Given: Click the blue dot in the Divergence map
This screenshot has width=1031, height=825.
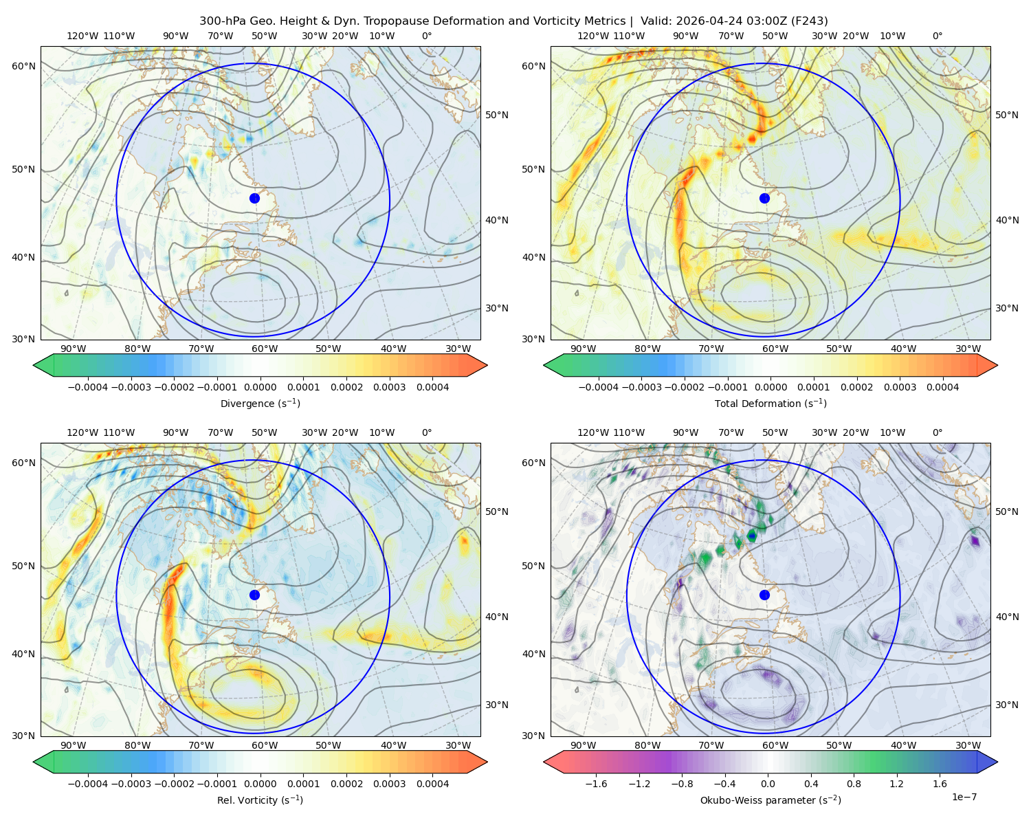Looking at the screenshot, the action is pyautogui.click(x=254, y=198).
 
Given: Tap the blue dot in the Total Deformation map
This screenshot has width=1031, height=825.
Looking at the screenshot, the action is pyautogui.click(x=764, y=198).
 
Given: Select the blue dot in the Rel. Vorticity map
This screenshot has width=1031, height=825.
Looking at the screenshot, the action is pyautogui.click(x=254, y=595).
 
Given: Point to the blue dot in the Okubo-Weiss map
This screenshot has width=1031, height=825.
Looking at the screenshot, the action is pyautogui.click(x=764, y=595).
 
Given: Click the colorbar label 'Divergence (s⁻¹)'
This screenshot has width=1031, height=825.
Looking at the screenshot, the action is pyautogui.click(x=260, y=403).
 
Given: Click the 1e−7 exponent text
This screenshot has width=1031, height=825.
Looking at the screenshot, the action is pyautogui.click(x=964, y=797).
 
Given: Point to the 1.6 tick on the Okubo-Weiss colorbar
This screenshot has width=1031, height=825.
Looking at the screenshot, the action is pyautogui.click(x=940, y=783).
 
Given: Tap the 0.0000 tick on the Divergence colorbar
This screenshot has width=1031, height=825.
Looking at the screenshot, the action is pyautogui.click(x=260, y=387).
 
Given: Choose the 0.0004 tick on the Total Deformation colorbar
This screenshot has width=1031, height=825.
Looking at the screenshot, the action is pyautogui.click(x=942, y=387).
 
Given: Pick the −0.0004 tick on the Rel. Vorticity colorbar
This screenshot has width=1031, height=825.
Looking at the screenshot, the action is pyautogui.click(x=88, y=783).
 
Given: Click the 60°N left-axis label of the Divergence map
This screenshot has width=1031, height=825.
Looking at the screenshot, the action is pyautogui.click(x=23, y=66).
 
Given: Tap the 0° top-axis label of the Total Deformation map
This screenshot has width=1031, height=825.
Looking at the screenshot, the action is pyautogui.click(x=937, y=36).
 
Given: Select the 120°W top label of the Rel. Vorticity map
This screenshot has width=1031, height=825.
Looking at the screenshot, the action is pyautogui.click(x=82, y=432).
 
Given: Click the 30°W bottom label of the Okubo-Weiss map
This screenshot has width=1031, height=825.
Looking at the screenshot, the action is pyautogui.click(x=968, y=745).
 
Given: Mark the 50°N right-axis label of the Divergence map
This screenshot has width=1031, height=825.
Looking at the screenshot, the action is pyautogui.click(x=497, y=115).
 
